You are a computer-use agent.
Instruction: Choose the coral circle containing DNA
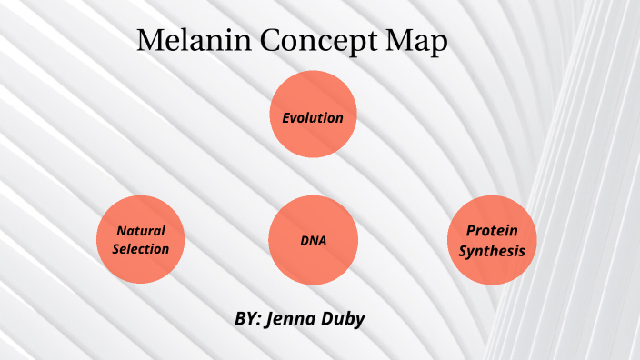point(313,240)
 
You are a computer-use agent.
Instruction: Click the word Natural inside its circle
point(141,231)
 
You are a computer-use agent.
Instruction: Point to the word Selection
point(141,248)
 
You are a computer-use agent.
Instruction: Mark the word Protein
point(492,231)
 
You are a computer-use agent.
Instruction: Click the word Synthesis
point(492,249)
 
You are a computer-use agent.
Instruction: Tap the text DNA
point(313,241)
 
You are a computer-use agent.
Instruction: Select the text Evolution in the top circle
point(313,117)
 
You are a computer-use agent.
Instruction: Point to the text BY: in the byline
point(247,319)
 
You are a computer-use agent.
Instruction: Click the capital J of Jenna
point(271,319)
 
